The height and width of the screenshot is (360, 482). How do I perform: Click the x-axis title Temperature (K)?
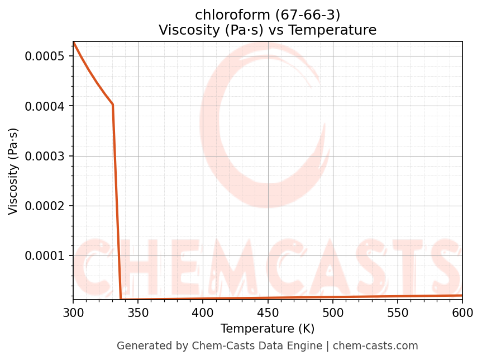point(268,328)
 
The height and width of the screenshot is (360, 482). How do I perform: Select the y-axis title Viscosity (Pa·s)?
point(13,171)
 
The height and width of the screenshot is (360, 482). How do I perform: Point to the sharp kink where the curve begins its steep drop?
point(113,105)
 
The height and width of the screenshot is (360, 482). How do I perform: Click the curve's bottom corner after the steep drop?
point(121,299)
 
